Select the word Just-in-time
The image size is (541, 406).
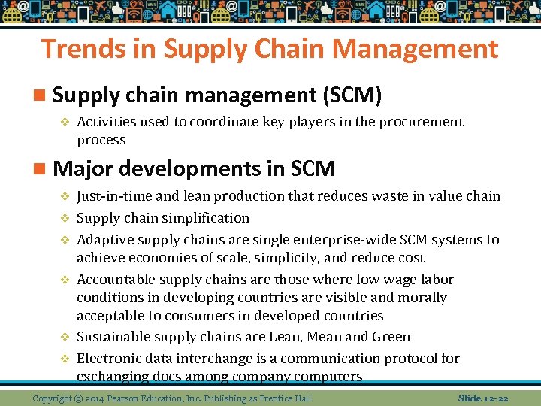click(114, 196)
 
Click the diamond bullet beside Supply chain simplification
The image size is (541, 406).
click(65, 218)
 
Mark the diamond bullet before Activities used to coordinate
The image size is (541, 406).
click(65, 122)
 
